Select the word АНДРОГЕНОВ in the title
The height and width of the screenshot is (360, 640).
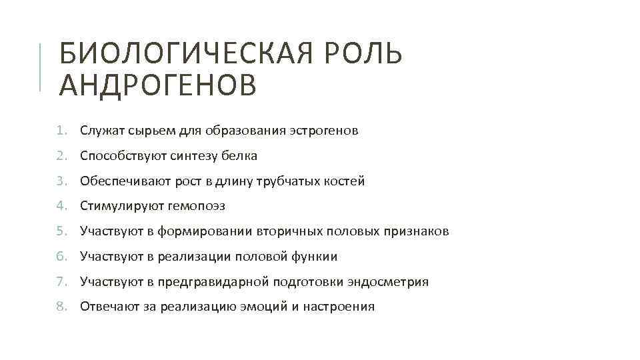[x=157, y=85]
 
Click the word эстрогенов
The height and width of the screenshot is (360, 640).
[x=324, y=131]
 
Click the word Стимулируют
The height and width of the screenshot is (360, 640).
[x=124, y=207]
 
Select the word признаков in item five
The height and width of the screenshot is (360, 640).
[x=415, y=232]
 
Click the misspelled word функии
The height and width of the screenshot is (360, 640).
[x=314, y=257]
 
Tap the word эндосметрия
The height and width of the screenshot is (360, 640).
[x=388, y=282]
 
